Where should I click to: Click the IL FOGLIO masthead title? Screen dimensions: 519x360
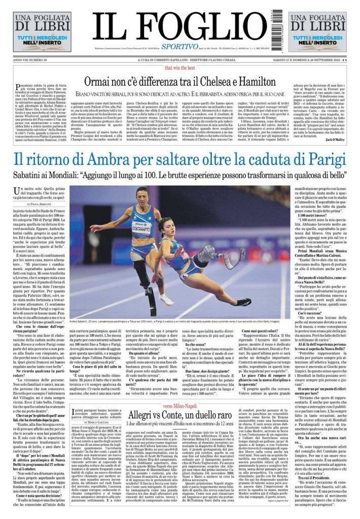click(180, 25)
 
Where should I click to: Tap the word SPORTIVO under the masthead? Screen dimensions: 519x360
click(181, 47)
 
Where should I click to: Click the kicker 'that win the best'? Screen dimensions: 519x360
click(179, 67)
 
